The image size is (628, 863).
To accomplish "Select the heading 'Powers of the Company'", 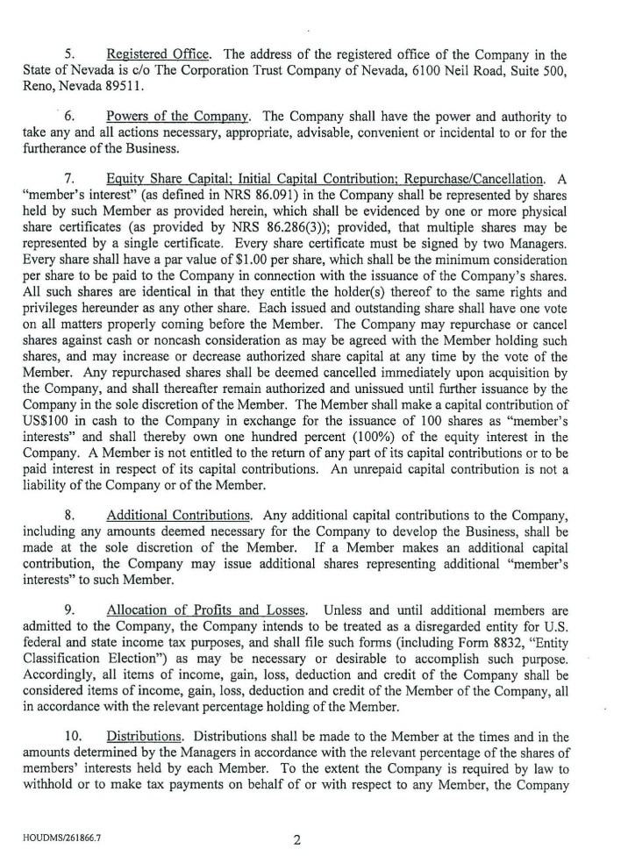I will pyautogui.click(x=164, y=117).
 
